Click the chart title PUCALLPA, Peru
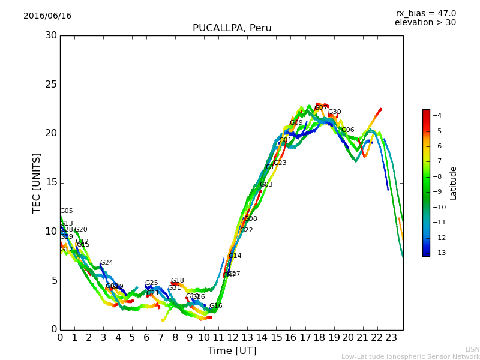coord(232,28)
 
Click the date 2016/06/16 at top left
coord(47,16)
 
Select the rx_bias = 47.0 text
coord(425,14)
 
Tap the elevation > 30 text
coord(425,23)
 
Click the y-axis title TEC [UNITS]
coord(37,182)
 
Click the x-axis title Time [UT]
coord(232,351)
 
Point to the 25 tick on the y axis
coord(51,85)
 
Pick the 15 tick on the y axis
coord(51,182)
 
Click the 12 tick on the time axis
coord(233,337)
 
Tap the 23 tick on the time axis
coord(392,337)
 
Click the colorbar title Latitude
coord(454,182)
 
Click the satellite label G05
coord(67,211)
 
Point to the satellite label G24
coord(106,263)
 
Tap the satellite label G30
coord(334,112)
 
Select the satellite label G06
coord(347,130)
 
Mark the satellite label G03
coord(266,185)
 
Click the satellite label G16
coord(215,306)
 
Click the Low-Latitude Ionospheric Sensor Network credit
coord(410,356)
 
